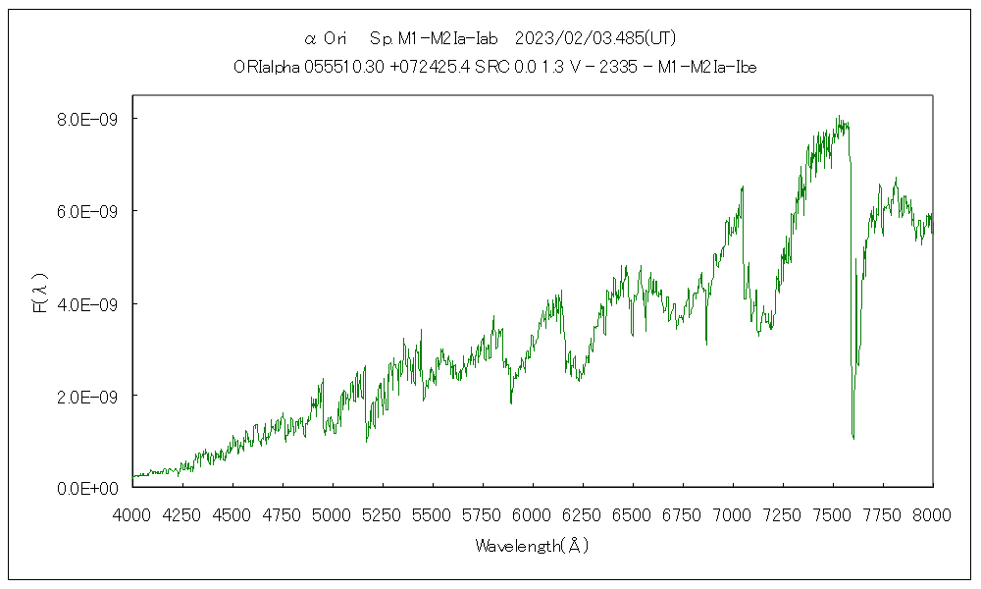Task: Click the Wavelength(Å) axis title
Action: (x=533, y=545)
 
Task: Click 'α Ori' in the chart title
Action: (x=326, y=38)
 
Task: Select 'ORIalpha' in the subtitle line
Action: (x=260, y=67)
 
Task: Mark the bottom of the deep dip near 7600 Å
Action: (x=853, y=438)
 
